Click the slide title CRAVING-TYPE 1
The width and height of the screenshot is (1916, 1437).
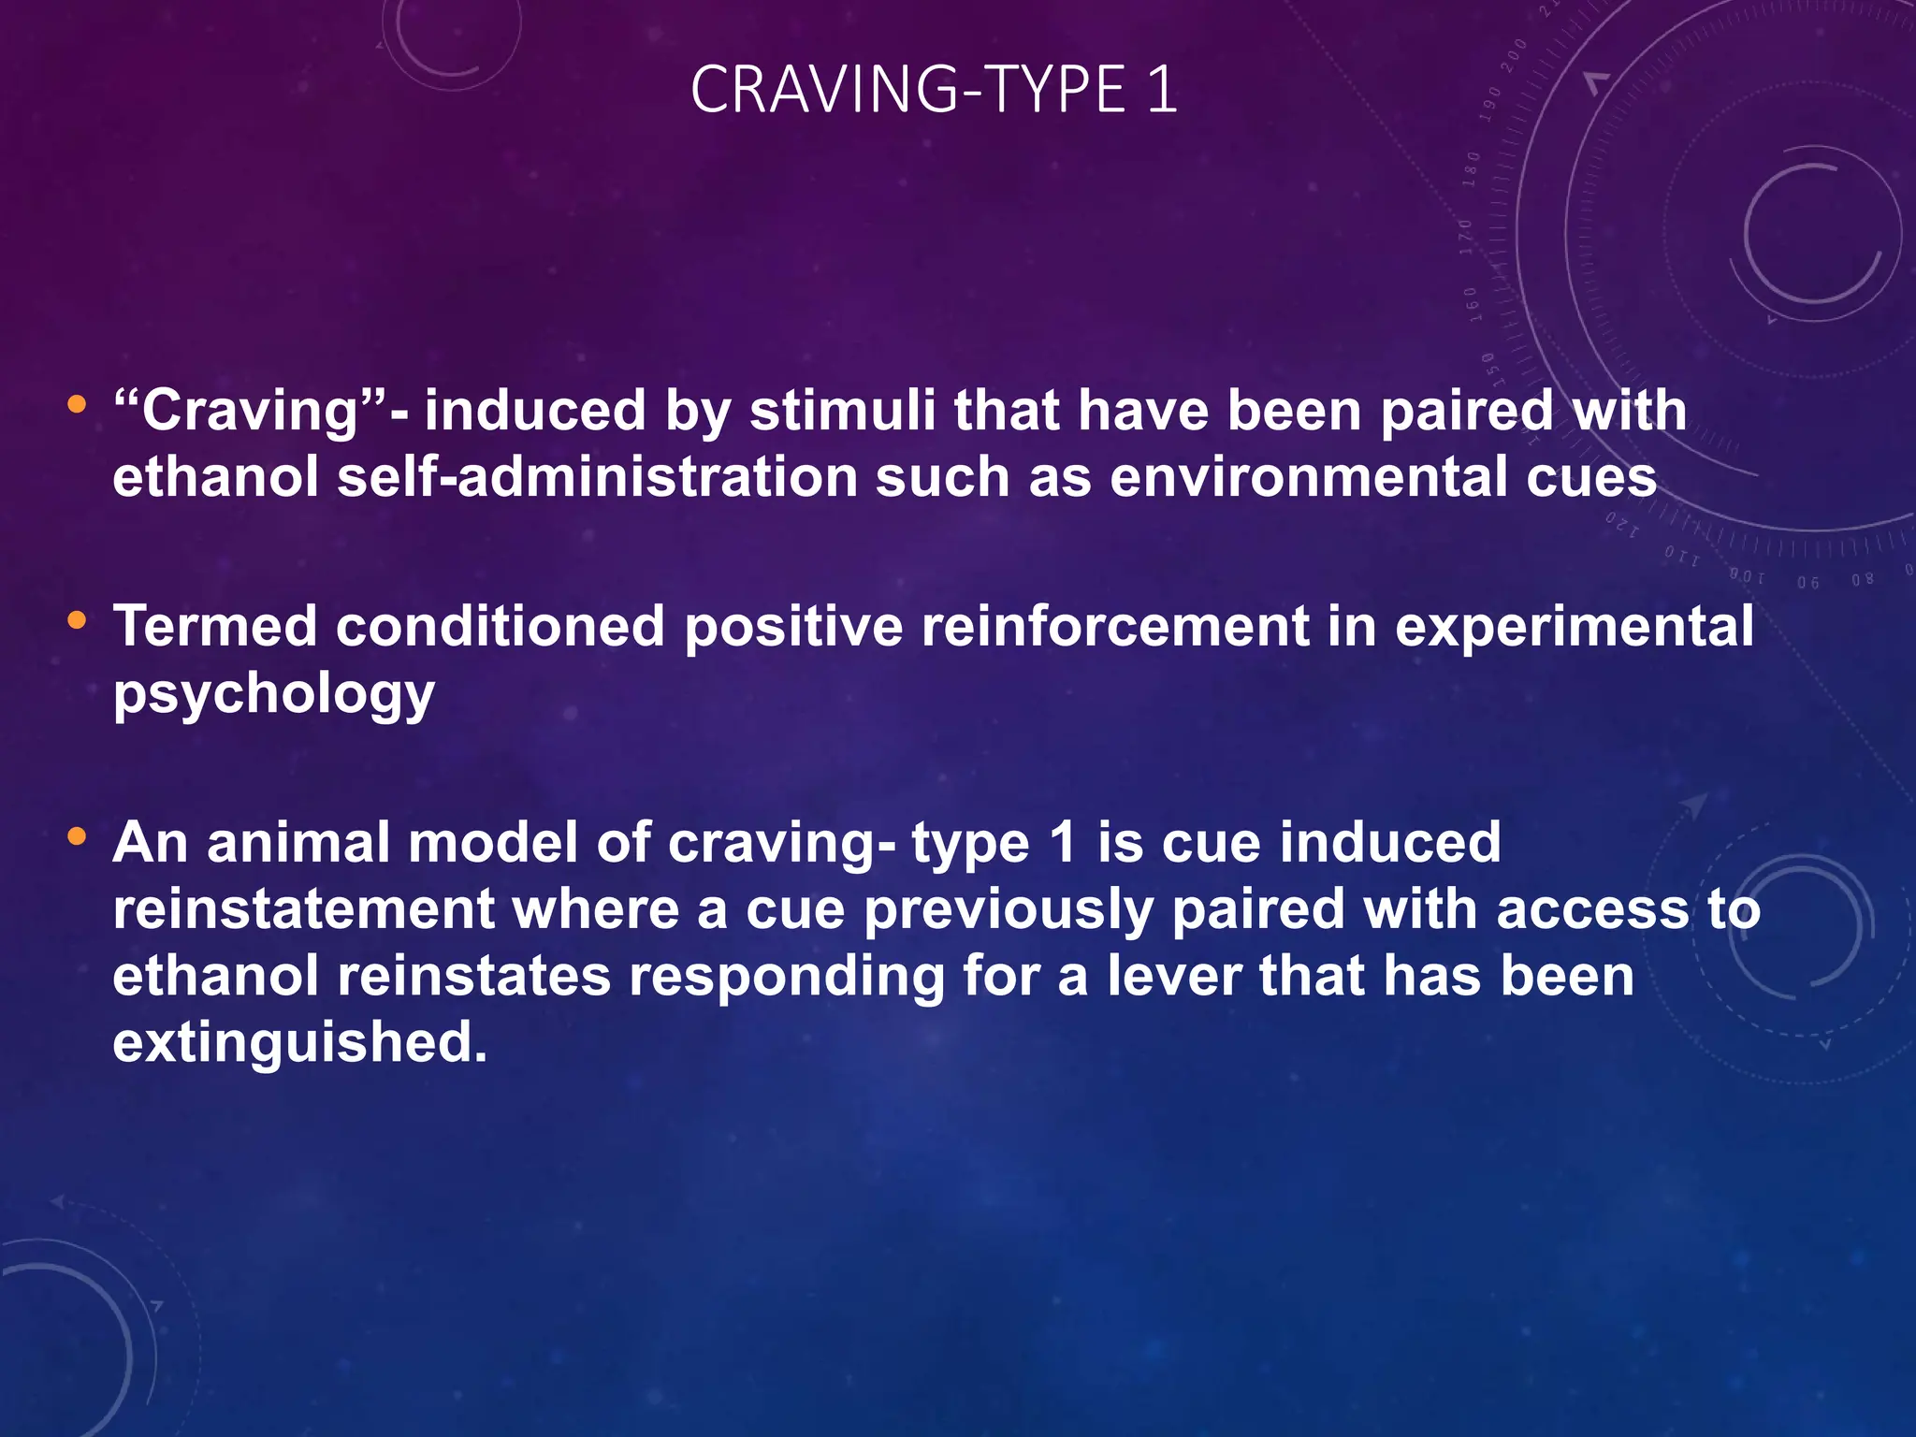934,90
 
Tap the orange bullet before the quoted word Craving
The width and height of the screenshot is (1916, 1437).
77,405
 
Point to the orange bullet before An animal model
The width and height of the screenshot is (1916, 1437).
77,835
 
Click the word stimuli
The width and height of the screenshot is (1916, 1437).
842,411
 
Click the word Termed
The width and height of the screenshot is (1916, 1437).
215,626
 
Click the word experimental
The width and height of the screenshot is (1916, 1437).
1574,628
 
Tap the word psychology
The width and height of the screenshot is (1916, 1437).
273,694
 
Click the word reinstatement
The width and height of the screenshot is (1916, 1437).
303,909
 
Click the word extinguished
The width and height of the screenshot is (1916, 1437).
299,1043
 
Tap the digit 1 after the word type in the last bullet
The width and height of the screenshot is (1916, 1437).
1063,842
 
